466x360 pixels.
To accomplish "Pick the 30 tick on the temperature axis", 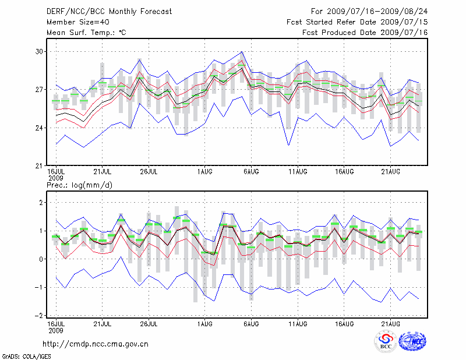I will [40, 51].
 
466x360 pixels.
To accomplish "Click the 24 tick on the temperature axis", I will [40, 128].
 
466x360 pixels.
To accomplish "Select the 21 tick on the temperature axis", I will [40, 166].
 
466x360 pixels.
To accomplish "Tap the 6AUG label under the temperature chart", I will [251, 171].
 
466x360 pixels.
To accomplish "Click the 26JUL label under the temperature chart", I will [149, 171].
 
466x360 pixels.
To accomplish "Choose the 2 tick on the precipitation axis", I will [42, 202].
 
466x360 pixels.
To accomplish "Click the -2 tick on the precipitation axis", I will [40, 316].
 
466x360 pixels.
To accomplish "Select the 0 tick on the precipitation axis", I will [42, 259].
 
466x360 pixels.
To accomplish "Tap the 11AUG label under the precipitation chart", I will [298, 322].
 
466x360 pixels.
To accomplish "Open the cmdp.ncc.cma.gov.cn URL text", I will [96, 344].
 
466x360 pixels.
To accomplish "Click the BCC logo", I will [385, 342].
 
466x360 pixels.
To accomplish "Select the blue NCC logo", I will [412, 342].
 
